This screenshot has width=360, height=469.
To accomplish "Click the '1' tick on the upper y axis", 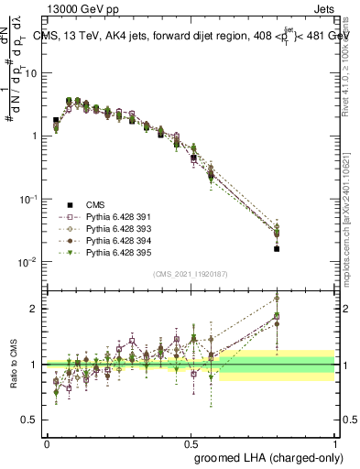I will tap(38, 136).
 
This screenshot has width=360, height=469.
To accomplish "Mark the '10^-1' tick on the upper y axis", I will tap(33, 198).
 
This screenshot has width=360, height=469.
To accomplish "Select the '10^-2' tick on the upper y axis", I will tap(33, 261).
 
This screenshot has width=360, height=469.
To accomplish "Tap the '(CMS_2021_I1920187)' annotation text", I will tap(190, 274).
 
